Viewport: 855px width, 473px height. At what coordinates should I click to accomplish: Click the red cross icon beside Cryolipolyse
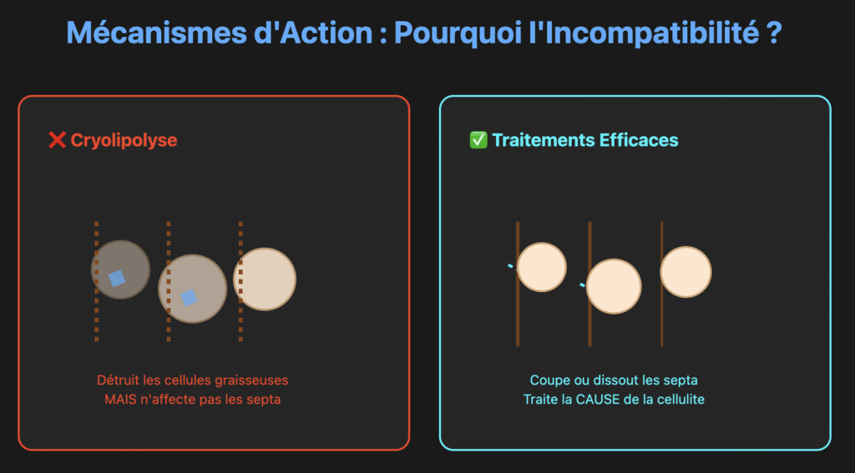(57, 140)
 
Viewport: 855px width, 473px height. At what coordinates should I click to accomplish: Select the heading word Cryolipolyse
(124, 140)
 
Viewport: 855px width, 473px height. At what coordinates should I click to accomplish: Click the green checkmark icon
(478, 140)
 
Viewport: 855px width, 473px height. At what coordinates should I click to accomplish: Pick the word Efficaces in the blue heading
(639, 140)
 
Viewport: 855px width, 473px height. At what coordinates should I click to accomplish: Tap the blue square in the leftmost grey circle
(117, 278)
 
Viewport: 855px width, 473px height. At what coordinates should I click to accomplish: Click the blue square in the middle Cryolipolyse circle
(190, 297)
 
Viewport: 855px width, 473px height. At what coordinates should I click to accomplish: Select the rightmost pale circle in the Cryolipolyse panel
(266, 279)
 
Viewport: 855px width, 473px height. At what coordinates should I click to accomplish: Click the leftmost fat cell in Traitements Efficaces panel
(542, 267)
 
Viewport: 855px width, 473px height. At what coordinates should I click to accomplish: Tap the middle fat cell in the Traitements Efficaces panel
(614, 286)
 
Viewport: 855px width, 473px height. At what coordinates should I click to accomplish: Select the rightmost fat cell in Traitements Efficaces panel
(686, 271)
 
